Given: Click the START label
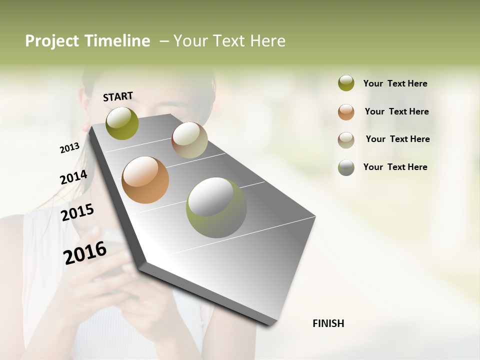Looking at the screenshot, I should [x=118, y=96].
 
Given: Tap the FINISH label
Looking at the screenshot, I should [x=328, y=323].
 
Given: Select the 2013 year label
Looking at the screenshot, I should [x=70, y=148].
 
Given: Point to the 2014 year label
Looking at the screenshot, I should [x=73, y=177].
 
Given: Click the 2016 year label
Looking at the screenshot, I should [x=85, y=252].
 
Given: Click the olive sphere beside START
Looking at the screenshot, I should [x=122, y=123].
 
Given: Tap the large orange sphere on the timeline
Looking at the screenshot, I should [x=145, y=180].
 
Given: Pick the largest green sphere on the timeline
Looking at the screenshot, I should [x=216, y=207].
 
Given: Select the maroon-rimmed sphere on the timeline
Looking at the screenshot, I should [x=189, y=140].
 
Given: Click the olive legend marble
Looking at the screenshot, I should [x=346, y=83].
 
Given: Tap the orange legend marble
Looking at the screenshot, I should [x=346, y=112].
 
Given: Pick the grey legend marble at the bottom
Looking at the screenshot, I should [x=346, y=167].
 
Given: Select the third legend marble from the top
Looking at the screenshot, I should [x=346, y=140].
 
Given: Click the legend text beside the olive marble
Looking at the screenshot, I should [x=395, y=83].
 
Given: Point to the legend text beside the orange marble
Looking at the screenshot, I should [x=396, y=111].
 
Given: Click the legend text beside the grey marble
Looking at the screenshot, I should [x=395, y=167].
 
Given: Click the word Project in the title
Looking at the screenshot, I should [x=52, y=41].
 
